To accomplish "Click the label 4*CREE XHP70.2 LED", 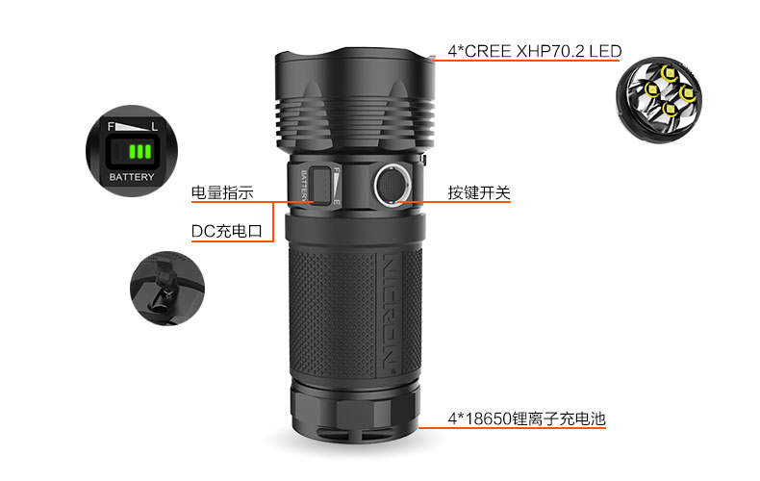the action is tap(534, 51).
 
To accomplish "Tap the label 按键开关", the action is tap(479, 192).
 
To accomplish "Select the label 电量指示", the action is tap(222, 192).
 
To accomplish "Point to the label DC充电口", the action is tap(227, 231).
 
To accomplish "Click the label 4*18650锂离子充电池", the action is tap(527, 418).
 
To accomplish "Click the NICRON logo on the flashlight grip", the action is tap(390, 312).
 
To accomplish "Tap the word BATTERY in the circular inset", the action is tap(132, 177).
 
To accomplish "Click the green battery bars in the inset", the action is tap(140, 151).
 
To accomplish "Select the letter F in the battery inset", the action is tap(111, 127).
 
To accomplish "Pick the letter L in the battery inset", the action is tap(154, 127).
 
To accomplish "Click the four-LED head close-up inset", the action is tap(659, 100).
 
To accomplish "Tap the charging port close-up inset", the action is tap(167, 288).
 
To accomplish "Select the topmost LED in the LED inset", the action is tap(670, 73).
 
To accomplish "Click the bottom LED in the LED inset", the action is tap(670, 108).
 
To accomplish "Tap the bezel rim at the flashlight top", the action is tap(355, 56).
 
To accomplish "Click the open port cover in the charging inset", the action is tap(165, 274).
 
